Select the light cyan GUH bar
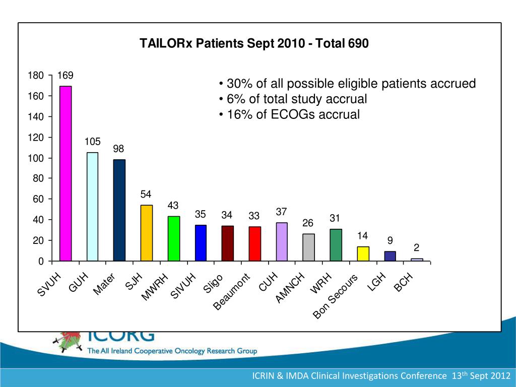92,206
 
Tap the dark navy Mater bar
119,210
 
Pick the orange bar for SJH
146,233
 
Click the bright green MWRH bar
173,238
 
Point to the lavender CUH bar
282,241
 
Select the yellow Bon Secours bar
363,253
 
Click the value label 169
66,76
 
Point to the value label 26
308,223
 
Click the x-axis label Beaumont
232,292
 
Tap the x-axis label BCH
404,282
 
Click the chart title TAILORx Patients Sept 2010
254,44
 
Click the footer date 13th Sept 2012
482,376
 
